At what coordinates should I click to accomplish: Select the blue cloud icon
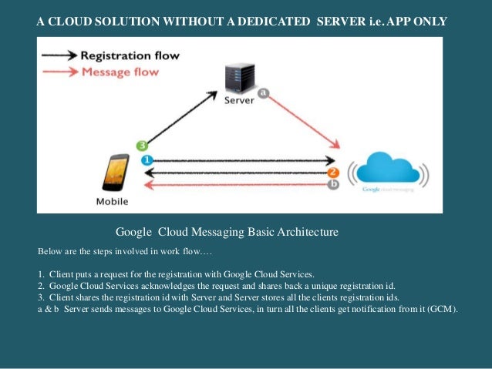coord(388,168)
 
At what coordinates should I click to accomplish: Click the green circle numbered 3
coord(141,145)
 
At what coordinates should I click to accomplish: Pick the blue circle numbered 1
coord(146,160)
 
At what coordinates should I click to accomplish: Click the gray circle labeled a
coord(263,92)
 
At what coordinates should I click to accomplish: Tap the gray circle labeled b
coord(333,184)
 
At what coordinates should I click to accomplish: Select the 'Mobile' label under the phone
coord(113,202)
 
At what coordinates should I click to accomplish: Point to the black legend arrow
coord(59,56)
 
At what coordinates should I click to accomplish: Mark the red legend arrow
coord(59,72)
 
